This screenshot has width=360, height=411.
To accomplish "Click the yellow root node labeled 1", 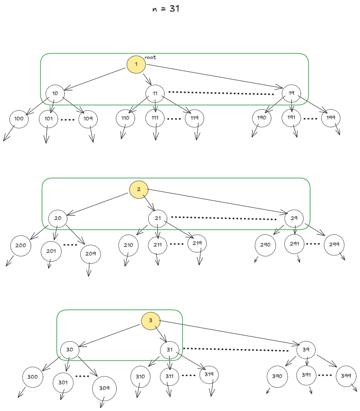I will coord(136,64).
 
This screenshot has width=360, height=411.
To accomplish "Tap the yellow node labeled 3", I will coord(151,321).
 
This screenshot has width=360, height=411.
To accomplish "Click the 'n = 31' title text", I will coord(166,9).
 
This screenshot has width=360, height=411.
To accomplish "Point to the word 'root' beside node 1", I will coord(151,57).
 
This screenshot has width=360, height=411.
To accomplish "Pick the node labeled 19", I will coord(292,93).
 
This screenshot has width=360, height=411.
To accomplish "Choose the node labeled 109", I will coord(88,119).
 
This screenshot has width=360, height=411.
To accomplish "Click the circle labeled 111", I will coord(155,119).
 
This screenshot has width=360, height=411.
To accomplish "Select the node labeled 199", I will coord(331,118).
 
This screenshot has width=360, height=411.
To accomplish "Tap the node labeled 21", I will coord(158,219).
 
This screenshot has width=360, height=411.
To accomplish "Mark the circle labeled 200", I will coord(20,245).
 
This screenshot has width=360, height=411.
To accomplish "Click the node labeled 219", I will coord(197,243).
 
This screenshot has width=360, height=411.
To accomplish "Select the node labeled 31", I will coord(170,350).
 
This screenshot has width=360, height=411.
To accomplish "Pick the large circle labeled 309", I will coord(104,388).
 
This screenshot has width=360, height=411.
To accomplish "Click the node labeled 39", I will coord(306,350).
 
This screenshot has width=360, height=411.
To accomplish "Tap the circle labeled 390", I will coord(277,376).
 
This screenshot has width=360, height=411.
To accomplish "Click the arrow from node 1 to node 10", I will coord(95,79).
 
